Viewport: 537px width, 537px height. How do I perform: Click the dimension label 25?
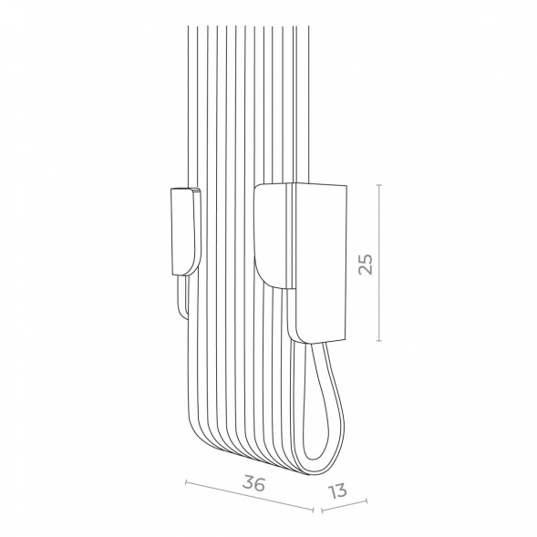click(x=366, y=263)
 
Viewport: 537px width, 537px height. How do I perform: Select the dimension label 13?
click(x=338, y=491)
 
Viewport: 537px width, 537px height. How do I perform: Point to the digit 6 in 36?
click(x=260, y=483)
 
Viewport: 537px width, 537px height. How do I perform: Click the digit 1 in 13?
click(x=332, y=493)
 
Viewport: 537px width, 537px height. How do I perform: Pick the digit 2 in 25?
click(x=366, y=270)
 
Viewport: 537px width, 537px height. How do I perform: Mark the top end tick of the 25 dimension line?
click(x=379, y=184)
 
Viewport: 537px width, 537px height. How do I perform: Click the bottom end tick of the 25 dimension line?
click(x=379, y=340)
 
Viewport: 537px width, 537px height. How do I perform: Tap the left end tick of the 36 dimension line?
click(x=186, y=482)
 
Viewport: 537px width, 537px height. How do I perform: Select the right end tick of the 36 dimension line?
click(x=313, y=510)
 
